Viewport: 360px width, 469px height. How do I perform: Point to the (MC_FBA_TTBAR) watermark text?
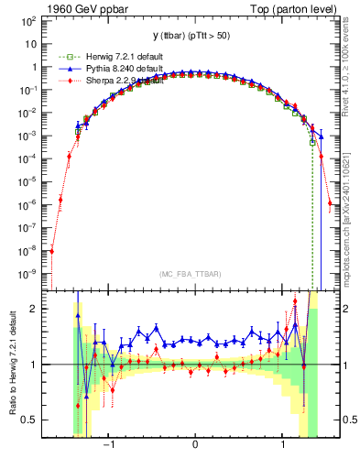[x=195, y=275]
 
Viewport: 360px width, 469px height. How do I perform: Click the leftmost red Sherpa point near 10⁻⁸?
[x=52, y=250]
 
